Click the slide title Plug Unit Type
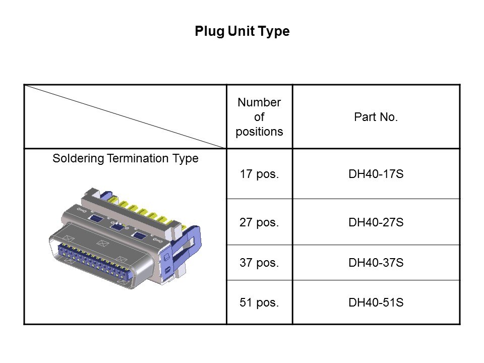click(242, 32)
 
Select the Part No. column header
click(376, 117)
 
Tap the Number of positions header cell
click(259, 117)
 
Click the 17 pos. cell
click(259, 174)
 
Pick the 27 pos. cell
click(259, 222)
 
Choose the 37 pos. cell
click(259, 263)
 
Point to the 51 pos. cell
click(259, 303)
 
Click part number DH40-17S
click(376, 174)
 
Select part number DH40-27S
click(376, 222)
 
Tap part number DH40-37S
click(376, 263)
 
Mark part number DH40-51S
click(376, 303)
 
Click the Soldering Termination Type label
click(126, 158)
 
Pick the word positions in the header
click(259, 132)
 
